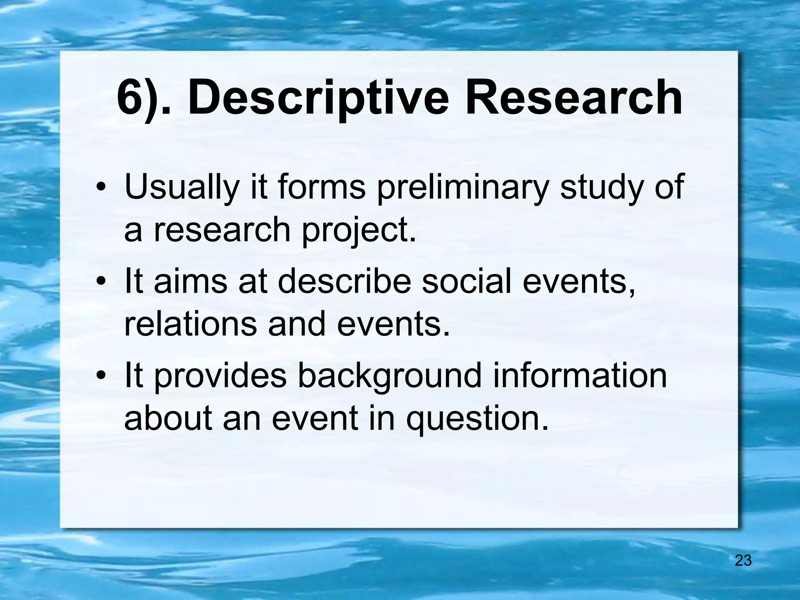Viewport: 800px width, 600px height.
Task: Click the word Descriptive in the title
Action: click(319, 98)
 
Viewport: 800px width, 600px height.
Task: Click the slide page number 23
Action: click(743, 561)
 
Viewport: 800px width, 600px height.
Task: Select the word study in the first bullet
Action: click(598, 188)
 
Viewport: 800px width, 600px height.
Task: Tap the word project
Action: click(359, 230)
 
